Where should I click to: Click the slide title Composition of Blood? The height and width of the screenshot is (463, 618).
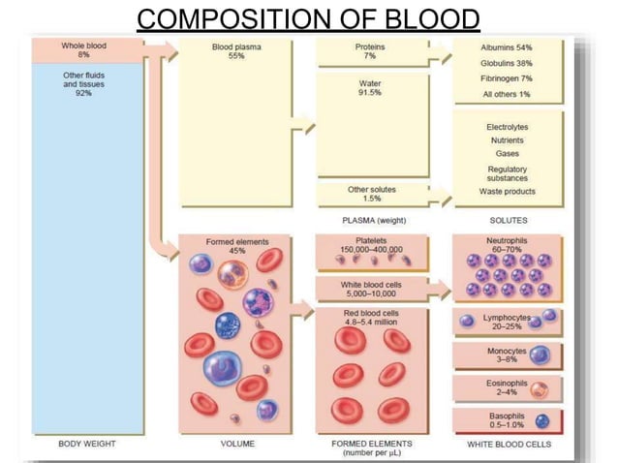(x=308, y=18)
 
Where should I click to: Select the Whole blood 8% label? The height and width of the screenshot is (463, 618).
(x=83, y=50)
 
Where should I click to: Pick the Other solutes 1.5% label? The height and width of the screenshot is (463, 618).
(x=371, y=194)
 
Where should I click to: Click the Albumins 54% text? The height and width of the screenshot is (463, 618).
(x=506, y=47)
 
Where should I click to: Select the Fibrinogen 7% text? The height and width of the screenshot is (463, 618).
(x=506, y=77)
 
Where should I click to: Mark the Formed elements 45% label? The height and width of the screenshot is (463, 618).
(x=237, y=246)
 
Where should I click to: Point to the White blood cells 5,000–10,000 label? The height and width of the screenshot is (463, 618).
(x=371, y=286)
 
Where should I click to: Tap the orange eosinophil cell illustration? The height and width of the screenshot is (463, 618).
(x=541, y=390)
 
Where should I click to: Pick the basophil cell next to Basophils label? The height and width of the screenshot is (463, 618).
(x=542, y=421)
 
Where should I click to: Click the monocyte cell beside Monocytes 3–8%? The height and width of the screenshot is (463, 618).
(x=541, y=355)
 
